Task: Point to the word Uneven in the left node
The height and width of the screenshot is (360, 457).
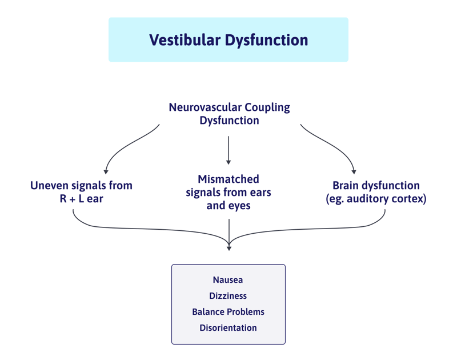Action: [50, 186]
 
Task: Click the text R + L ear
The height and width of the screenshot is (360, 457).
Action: [81, 199]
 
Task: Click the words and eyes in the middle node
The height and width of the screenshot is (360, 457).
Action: [228, 206]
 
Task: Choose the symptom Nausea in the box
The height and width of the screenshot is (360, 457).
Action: [228, 280]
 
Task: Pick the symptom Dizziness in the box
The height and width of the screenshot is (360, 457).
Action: [228, 296]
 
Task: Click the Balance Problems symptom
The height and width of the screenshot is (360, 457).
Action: [228, 312]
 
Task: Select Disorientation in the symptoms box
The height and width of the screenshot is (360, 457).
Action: [228, 328]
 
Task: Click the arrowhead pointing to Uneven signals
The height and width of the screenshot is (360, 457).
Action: [106, 171]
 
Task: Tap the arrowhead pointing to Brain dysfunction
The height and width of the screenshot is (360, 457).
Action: [354, 171]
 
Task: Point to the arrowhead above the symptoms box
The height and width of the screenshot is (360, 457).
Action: [229, 247]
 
